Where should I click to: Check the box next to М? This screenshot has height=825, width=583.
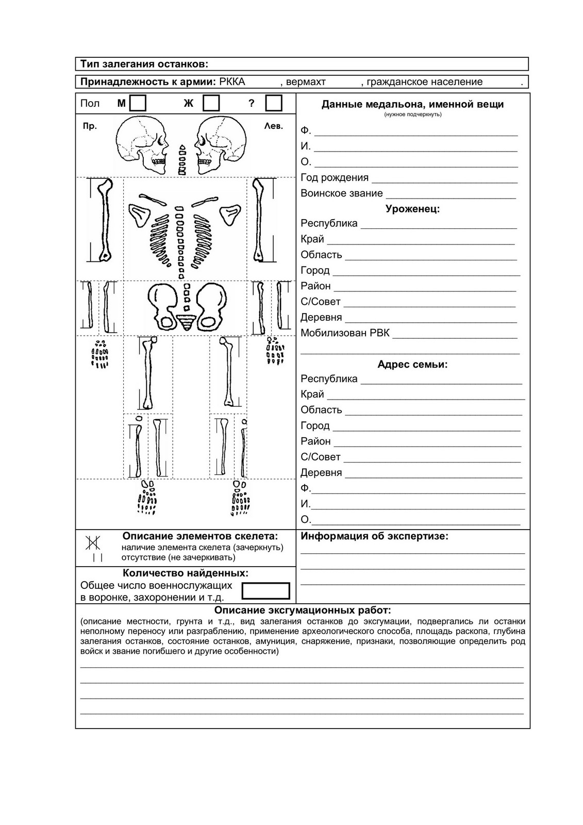(138, 103)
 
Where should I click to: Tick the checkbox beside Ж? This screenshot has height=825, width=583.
(211, 103)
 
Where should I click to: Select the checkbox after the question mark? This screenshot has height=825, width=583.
(274, 103)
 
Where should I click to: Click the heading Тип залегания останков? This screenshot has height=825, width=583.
(144, 64)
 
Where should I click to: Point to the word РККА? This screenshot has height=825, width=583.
(232, 81)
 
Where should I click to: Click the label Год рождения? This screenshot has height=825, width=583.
(335, 178)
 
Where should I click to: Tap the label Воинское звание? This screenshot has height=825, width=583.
(342, 193)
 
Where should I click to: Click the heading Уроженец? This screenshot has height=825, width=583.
(412, 209)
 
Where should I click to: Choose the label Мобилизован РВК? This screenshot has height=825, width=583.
(345, 333)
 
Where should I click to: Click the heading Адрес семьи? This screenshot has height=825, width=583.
(412, 365)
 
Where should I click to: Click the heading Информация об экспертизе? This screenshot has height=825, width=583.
(374, 536)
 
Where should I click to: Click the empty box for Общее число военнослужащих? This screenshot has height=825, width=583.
(266, 591)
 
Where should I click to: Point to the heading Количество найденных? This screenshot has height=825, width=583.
(186, 573)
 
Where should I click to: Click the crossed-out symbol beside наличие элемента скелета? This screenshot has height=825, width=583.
(93, 542)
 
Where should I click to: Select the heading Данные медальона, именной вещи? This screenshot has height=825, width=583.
(412, 104)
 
